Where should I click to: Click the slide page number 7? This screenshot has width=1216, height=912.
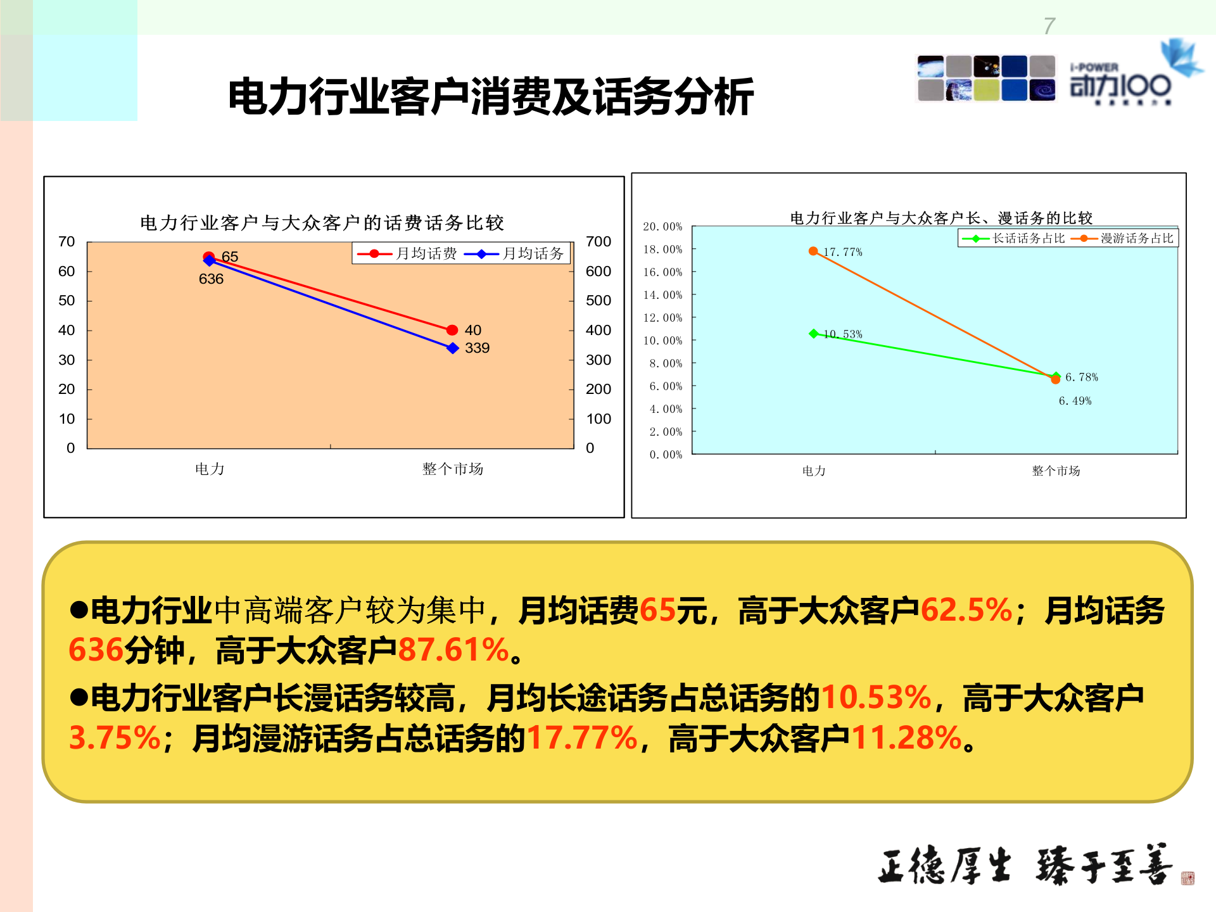coord(1049,27)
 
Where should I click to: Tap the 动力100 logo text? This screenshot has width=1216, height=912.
coord(1120,86)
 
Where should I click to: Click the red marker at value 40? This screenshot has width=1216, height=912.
coord(452,330)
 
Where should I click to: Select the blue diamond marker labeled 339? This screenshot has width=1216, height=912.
coord(452,348)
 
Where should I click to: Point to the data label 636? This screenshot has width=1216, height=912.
coord(211,279)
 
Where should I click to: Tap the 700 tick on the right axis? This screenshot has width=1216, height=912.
coord(598,242)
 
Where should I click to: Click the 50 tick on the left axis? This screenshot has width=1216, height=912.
coord(66,301)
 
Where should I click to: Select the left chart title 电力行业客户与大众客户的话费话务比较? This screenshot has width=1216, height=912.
coord(322,223)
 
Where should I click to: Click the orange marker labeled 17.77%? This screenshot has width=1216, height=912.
coord(813,251)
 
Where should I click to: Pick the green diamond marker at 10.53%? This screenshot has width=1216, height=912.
coord(814,333)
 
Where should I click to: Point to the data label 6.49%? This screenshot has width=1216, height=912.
coord(1075,401)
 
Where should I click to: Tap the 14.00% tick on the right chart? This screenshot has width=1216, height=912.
coord(662,295)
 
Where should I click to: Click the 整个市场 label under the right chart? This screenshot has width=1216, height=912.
coord(1056,471)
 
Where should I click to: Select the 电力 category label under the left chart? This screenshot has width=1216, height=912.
coord(210,469)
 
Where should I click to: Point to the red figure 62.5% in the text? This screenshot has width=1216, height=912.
coord(966,611)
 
